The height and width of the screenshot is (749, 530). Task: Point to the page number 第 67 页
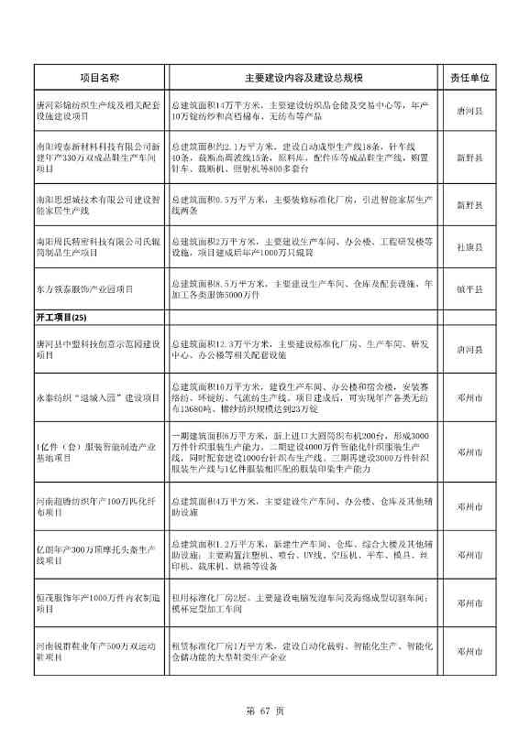pos(265,710)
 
